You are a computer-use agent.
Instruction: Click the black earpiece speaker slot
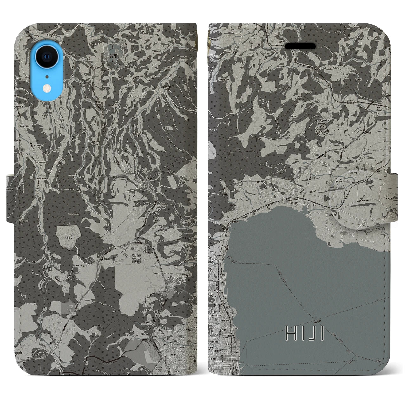(300, 46)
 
